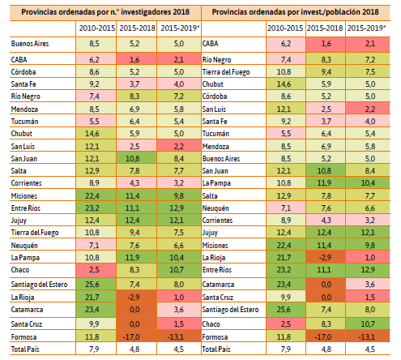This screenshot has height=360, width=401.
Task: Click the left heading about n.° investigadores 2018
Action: pyautogui.click(x=105, y=12)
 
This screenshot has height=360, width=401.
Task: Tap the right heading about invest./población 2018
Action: pyautogui.click(x=295, y=12)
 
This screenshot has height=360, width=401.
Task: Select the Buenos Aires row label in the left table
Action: pyautogui.click(x=30, y=44)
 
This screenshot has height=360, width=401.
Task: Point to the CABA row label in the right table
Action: pyautogui.click(x=210, y=44)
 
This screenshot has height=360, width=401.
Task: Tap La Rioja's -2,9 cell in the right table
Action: pyautogui.click(x=326, y=258)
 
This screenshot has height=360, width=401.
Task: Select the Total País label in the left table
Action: pyautogui.click(x=25, y=349)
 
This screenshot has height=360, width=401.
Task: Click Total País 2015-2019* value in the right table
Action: pyautogui.click(x=370, y=349)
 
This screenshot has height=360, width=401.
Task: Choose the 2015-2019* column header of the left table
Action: pyautogui.click(x=179, y=28)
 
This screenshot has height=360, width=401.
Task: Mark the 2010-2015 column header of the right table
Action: pyautogui.click(x=285, y=28)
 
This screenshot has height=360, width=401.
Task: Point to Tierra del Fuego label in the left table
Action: pyautogui.click(x=35, y=233)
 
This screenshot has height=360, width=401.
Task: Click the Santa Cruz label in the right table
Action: pyautogui.click(x=218, y=298)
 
